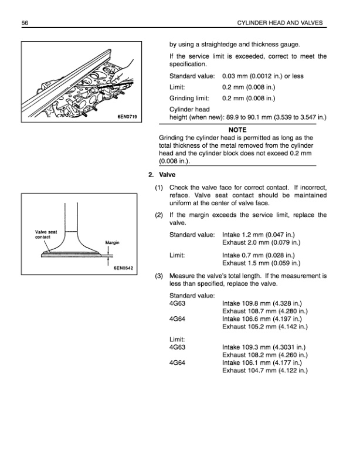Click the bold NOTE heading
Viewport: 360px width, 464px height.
(x=237, y=130)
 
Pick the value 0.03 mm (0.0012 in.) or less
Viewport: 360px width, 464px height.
(x=263, y=77)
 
